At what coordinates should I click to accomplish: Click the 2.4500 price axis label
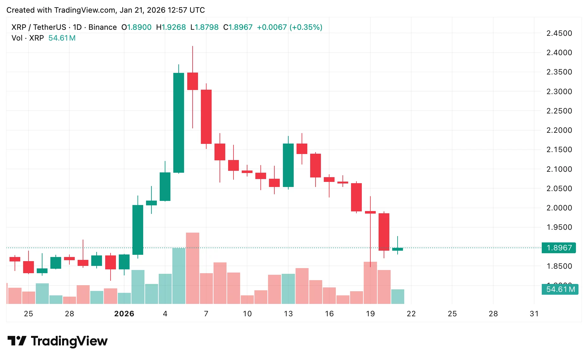[x=559, y=33]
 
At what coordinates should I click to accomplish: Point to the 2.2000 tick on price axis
[x=559, y=130]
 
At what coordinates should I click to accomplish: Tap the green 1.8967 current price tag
[x=559, y=248]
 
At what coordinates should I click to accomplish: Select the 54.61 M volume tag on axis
[x=560, y=289]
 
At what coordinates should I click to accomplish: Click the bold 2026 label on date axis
[x=124, y=314]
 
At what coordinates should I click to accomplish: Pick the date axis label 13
[x=288, y=314]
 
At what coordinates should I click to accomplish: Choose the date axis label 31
[x=534, y=314]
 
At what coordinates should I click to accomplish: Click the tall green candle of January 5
[x=179, y=123]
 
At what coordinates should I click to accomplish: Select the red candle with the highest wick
[x=193, y=81]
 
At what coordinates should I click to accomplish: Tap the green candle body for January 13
[x=288, y=165]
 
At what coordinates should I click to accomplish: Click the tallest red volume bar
[x=193, y=268]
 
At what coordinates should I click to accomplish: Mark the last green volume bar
[x=398, y=297]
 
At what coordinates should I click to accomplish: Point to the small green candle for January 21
[x=398, y=249]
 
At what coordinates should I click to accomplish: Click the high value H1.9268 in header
[x=171, y=27]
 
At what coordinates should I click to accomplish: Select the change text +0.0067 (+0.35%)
[x=289, y=27]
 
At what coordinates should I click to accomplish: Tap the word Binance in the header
[x=102, y=27]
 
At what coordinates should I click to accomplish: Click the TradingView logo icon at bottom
[x=16, y=341]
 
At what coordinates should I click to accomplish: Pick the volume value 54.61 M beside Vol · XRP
[x=62, y=38]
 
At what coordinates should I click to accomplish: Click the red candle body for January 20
[x=384, y=232]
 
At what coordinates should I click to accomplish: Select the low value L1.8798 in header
[x=204, y=27]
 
